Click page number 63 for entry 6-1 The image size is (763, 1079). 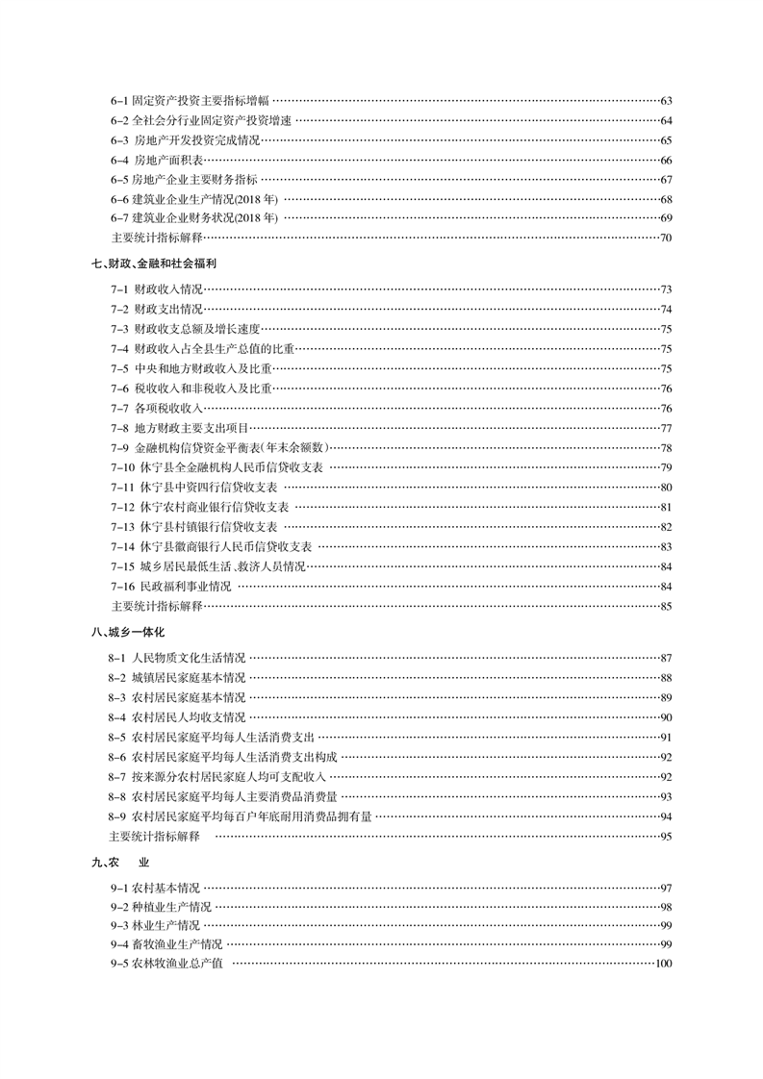[666, 101]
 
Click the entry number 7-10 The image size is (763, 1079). [120, 466]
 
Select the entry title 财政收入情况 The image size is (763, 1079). [168, 289]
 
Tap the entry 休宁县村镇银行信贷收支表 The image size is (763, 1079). [208, 526]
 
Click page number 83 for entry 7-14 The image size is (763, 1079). [666, 546]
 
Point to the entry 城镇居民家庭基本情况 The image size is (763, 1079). [189, 677]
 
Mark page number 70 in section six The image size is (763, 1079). [666, 238]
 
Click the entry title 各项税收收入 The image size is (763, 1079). [168, 408]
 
